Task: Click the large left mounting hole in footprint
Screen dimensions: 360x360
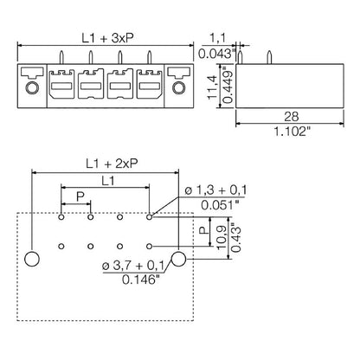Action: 32,259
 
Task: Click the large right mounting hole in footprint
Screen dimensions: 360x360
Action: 179,259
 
